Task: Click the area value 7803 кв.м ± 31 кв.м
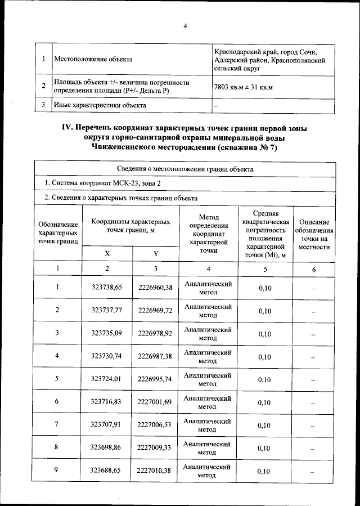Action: pos(243,87)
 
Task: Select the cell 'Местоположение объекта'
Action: pos(93,59)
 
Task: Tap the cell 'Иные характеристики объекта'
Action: pos(100,105)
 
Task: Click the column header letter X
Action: pos(107,253)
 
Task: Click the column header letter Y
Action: pos(155,253)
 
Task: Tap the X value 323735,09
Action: pos(107,333)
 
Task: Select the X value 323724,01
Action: pos(107,379)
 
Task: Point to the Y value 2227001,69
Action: pos(155,402)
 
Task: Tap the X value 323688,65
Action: pos(107,471)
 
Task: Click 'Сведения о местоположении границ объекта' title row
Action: pos(185,168)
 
